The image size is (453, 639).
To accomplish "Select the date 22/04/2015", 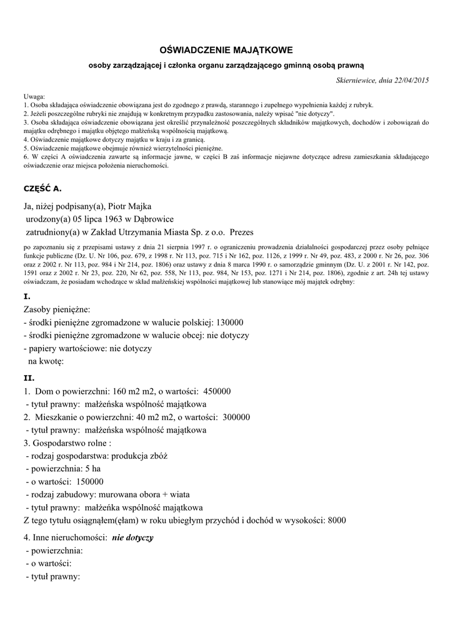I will (x=411, y=80).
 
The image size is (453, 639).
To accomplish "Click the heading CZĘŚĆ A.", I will (x=42, y=187).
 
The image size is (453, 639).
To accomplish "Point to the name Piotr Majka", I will (x=130, y=206).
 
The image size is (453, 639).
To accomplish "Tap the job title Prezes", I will (x=241, y=231).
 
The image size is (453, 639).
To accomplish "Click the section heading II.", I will (x=29, y=378).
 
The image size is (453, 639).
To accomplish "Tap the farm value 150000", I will (x=90, y=481).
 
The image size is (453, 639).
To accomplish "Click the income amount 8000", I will (x=336, y=520).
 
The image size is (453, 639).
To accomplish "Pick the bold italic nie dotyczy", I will (x=132, y=537).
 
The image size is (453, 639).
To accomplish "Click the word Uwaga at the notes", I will (x=34, y=97).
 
